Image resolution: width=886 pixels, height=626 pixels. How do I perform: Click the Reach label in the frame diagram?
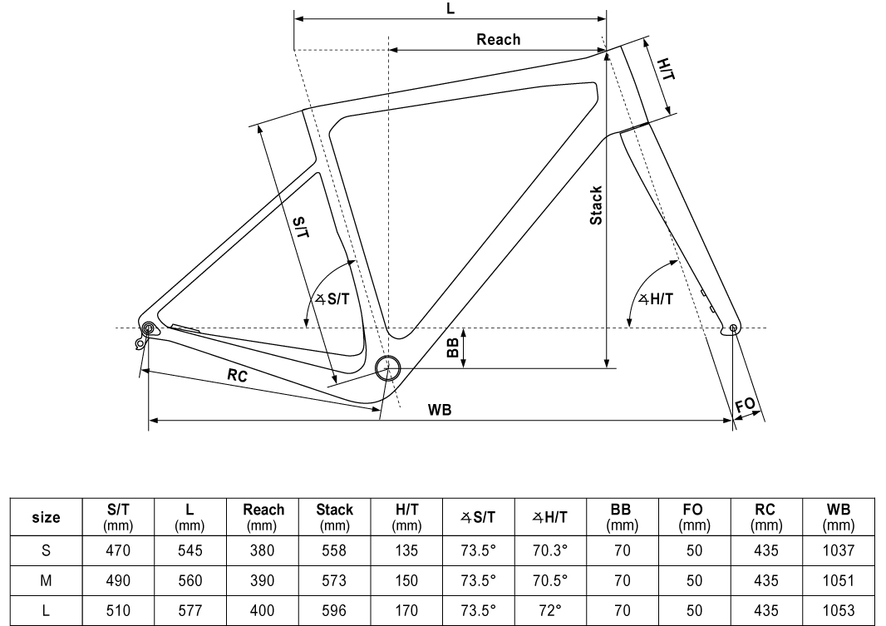[x=498, y=39]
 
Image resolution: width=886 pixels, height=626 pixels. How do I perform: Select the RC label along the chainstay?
[x=238, y=375]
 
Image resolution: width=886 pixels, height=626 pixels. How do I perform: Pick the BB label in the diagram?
[x=452, y=347]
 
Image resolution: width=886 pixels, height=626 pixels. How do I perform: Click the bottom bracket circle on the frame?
[x=386, y=367]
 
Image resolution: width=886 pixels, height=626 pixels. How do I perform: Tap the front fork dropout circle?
[x=733, y=329]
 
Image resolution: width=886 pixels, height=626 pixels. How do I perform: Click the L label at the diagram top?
[x=450, y=9]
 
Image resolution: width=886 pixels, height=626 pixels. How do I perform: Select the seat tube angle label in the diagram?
[x=332, y=299]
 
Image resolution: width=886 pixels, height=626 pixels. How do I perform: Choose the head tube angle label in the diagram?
[x=656, y=299]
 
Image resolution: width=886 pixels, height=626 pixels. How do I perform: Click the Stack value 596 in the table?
[x=334, y=609]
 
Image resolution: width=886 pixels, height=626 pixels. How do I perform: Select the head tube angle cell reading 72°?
[x=550, y=609]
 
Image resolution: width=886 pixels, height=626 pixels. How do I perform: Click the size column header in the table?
[x=46, y=517]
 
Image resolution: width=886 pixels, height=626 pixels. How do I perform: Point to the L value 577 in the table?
[x=190, y=609]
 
